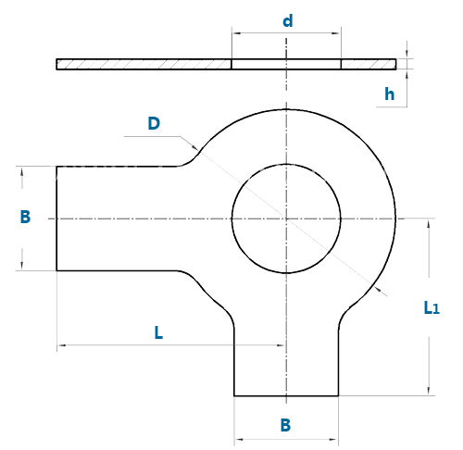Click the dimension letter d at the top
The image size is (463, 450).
point(288,21)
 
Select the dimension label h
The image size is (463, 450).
point(390,94)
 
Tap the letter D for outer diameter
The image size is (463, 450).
point(154,123)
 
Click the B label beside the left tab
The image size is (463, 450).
point(25,217)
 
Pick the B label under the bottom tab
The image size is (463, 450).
point(285,425)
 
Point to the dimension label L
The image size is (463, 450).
point(158,332)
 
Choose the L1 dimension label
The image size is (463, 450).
point(432,307)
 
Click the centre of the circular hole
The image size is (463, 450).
point(286,219)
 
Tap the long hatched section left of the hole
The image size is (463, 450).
point(144,64)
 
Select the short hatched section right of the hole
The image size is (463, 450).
point(369,64)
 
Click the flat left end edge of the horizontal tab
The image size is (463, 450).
point(56,219)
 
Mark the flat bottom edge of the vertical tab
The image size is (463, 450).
point(286,395)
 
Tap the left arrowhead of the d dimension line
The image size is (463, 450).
point(236,33)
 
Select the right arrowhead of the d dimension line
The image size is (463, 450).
point(336,33)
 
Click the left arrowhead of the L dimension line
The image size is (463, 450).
point(62,345)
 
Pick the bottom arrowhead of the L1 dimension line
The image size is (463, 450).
point(429,391)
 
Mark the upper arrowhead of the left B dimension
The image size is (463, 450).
point(22,171)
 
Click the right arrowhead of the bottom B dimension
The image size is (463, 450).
point(333,439)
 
